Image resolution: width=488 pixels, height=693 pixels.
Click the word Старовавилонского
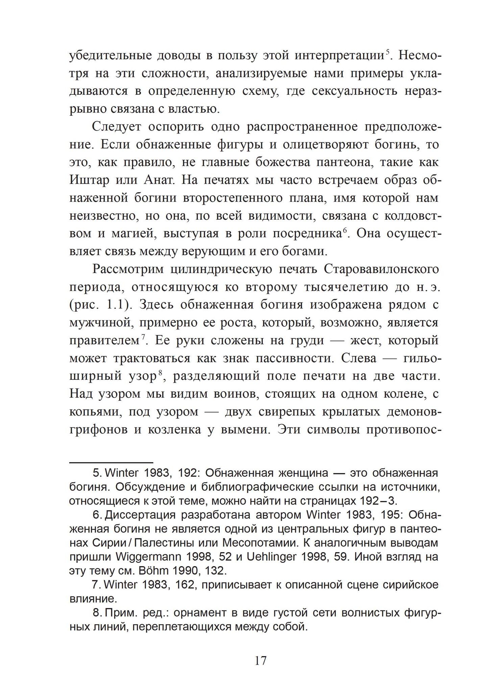pyautogui.click(x=382, y=269)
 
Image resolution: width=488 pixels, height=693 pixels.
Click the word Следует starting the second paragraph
pyautogui.click(x=115, y=127)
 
